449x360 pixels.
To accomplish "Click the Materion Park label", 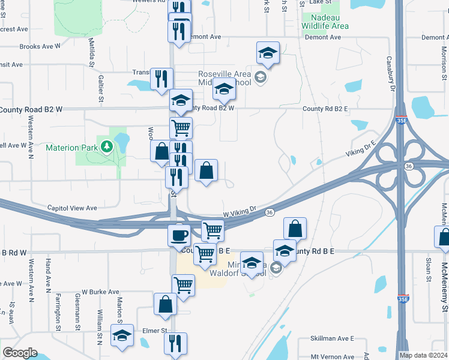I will pos(71,147).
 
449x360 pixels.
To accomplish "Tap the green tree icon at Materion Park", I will pos(107,146).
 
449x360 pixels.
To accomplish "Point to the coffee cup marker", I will pos(179,233).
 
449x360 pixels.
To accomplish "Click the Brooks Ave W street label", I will pos(40,46).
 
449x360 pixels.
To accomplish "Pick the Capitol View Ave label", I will pos(72,208).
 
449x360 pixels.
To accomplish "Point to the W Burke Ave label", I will pos(100,292).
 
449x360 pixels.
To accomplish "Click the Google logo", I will pos(20,353).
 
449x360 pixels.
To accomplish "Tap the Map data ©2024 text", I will pos(423,355).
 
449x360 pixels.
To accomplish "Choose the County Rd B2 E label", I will pos(325,109).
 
